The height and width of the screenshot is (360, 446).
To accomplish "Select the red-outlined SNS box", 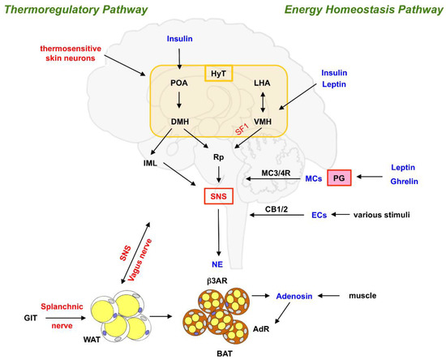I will point(220,196).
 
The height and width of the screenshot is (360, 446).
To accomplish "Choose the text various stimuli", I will point(397,215).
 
